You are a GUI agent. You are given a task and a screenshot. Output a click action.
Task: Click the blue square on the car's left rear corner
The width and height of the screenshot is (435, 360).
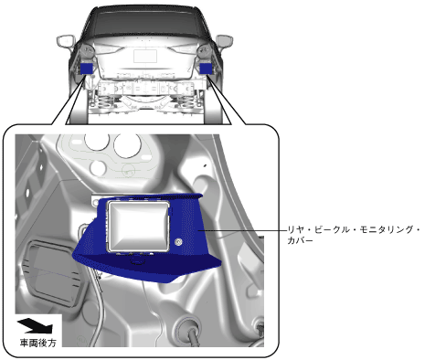[x=86, y=69]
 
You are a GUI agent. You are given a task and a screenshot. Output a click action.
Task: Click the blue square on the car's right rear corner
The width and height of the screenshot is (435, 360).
[x=206, y=69]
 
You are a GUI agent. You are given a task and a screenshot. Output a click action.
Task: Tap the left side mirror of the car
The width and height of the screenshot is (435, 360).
[x=65, y=41]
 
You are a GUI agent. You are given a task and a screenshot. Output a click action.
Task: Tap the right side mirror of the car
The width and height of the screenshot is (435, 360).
[x=225, y=41]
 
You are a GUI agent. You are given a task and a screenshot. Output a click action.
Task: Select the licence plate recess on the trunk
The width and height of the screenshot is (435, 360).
[x=145, y=56]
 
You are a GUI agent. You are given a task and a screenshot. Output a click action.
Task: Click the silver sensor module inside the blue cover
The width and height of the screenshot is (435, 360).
[x=138, y=226]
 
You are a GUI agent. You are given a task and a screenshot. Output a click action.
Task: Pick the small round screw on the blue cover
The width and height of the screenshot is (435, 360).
[x=178, y=242]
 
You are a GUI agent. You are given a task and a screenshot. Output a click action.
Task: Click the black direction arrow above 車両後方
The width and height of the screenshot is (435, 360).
[x=36, y=325]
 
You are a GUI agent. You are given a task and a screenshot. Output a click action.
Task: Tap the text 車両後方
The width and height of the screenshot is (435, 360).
[x=38, y=343]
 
